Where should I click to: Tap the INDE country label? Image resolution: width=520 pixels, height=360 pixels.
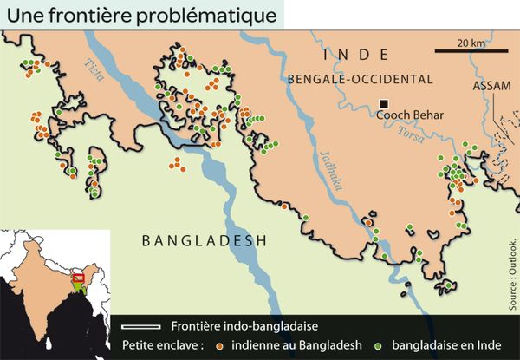tap(350, 56)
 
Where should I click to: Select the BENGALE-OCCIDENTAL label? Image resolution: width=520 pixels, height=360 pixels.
tap(360, 79)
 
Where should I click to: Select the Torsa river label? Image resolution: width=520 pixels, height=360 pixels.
tap(410, 135)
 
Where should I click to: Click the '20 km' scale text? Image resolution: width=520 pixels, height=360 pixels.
tap(471, 43)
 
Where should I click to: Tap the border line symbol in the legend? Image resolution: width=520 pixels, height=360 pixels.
tap(142, 326)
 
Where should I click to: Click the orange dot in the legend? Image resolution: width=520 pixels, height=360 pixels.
tap(220, 345)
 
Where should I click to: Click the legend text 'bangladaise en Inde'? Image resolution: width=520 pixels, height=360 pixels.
tap(441, 344)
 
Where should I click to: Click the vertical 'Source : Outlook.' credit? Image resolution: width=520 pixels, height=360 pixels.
tap(512, 272)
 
